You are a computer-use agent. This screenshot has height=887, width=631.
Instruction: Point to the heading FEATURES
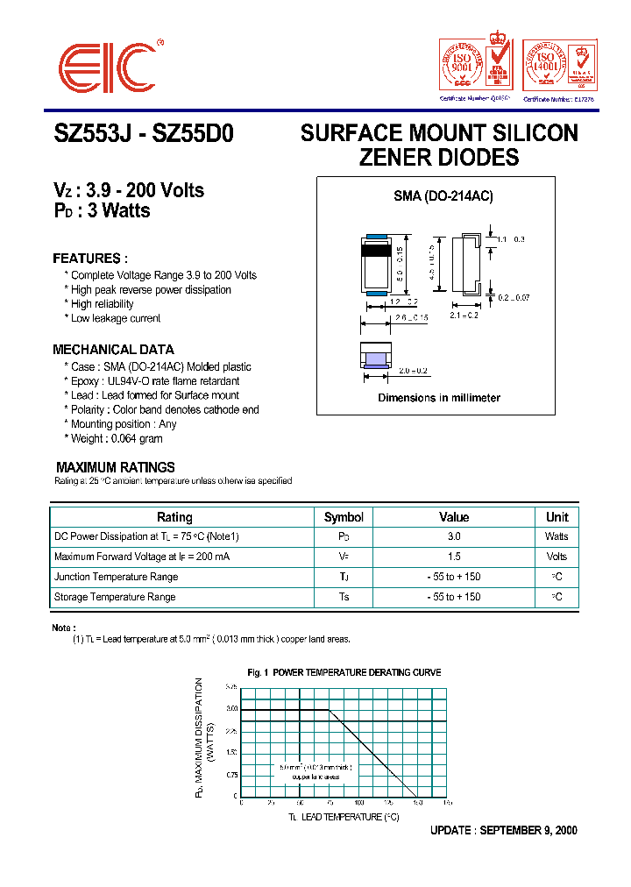pos(90,259)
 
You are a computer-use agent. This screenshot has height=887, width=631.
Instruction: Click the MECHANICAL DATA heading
pos(113,349)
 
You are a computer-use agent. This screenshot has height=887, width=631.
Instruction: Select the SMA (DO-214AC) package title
pos(443,196)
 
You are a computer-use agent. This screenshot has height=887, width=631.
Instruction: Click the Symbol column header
pos(344,517)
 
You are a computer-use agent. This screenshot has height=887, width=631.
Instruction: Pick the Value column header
pos(454,517)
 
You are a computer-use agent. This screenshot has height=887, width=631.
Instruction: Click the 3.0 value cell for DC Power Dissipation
pos(454,536)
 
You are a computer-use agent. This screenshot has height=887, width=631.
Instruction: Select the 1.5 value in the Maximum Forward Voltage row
pos(454,557)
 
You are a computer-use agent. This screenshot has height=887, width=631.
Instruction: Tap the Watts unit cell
pos(557,536)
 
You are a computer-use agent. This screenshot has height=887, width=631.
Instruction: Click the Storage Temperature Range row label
pos(115,597)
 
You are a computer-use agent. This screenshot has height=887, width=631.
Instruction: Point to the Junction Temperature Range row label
pos(116,577)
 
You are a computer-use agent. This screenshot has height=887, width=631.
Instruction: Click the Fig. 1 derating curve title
pos(344,672)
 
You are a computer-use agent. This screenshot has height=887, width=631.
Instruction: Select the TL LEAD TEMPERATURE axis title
pos(344,817)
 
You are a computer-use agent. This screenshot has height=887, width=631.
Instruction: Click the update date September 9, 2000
pos(503,831)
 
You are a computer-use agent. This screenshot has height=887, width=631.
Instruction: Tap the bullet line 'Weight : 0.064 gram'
pos(117,438)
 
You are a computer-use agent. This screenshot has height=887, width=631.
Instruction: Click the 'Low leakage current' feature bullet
pos(116,318)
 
